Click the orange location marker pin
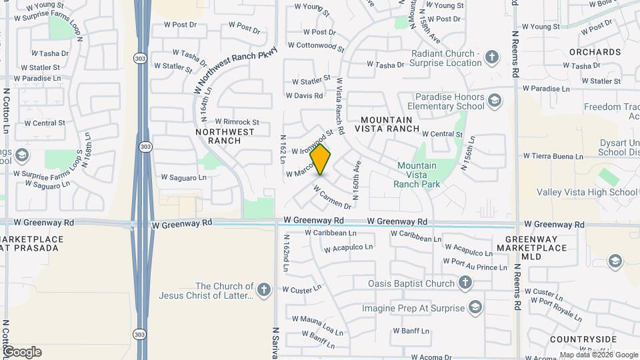tap(321, 159)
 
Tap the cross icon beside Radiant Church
tap(492, 57)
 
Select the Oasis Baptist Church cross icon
tap(465, 283)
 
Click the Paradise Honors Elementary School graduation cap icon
tap(494, 101)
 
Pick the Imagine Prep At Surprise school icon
tap(475, 308)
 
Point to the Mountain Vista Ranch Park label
tap(417, 175)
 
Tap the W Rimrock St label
tap(237, 122)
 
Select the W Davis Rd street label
tap(308, 96)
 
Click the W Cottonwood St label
tap(316, 47)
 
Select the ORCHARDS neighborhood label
tap(595, 52)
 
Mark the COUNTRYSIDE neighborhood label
tap(583, 339)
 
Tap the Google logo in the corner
tap(21, 352)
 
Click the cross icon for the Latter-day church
tap(263, 290)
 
